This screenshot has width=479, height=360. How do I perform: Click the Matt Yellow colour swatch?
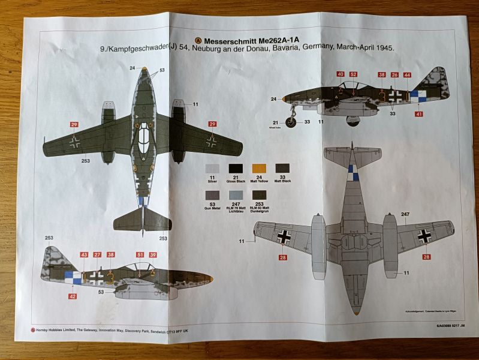tap(258, 169)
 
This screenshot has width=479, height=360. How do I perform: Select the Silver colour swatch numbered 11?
tap(212, 169)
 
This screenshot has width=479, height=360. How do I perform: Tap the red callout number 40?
tap(341, 74)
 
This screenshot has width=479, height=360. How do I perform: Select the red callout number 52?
tap(354, 74)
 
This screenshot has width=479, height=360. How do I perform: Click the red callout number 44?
tap(407, 75)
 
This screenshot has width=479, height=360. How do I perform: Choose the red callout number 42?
tap(73, 296)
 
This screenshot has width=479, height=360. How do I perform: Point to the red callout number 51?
tap(140, 255)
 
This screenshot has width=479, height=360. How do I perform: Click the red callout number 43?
tap(84, 255)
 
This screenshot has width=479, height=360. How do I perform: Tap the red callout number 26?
tap(394, 75)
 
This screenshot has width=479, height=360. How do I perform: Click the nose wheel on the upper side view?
tap(291, 122)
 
